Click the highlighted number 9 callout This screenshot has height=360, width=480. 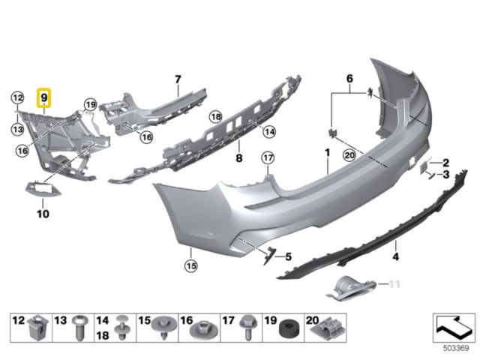point(43,98)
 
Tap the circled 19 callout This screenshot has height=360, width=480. point(90,105)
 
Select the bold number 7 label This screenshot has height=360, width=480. point(178,79)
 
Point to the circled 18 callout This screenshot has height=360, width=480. point(216,117)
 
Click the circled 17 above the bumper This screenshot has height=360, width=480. point(268,158)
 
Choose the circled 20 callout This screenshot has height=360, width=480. point(349,155)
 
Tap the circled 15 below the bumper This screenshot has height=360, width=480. point(191,265)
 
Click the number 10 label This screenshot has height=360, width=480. point(43,214)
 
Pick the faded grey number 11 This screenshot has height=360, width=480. point(394,284)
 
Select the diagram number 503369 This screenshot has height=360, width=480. point(456,348)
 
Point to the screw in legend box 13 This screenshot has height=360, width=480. point(80,328)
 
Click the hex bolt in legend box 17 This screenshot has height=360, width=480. point(247,327)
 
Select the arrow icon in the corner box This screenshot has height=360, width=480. point(453,327)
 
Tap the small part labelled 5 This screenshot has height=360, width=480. point(268,255)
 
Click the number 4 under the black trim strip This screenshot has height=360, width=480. point(395,256)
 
